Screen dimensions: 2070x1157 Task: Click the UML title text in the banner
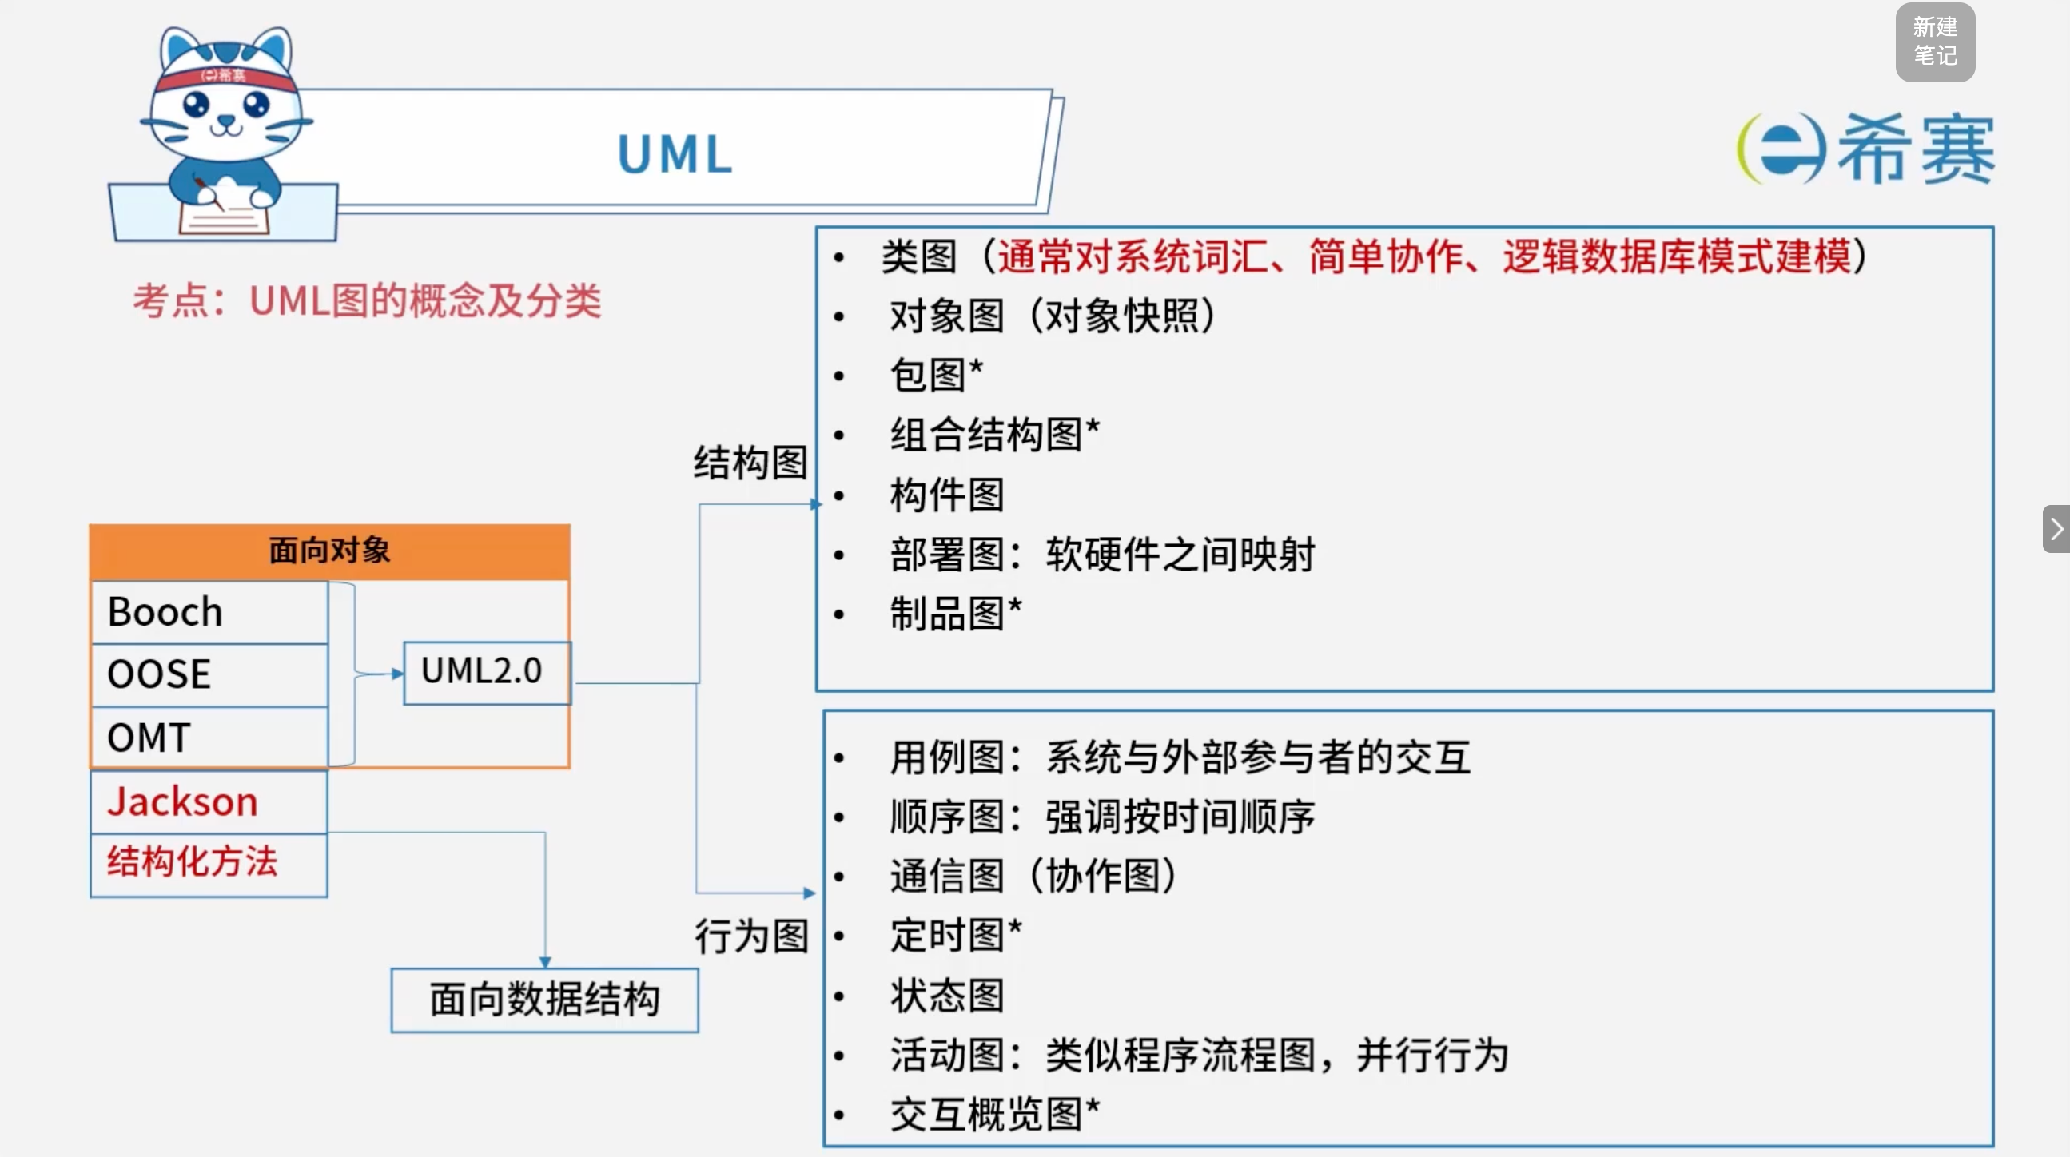(675, 153)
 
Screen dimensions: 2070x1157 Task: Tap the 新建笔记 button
(1935, 42)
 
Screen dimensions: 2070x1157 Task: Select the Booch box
(209, 612)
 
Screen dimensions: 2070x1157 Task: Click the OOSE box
(209, 674)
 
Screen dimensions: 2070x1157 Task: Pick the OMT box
(209, 737)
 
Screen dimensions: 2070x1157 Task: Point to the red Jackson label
(182, 802)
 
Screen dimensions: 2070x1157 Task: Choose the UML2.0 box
(487, 673)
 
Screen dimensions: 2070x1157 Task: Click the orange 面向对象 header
(329, 551)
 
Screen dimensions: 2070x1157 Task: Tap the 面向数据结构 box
(545, 1000)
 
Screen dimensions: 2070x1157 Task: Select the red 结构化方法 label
(192, 861)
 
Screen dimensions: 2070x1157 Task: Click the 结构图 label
(750, 463)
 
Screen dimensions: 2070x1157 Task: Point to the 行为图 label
(751, 936)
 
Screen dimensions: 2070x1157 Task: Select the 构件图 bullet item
(946, 494)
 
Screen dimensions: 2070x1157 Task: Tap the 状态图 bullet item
(946, 996)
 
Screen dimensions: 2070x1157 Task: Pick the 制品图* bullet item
(955, 614)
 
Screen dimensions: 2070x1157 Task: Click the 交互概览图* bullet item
(995, 1115)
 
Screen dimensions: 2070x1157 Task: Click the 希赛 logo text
(1917, 149)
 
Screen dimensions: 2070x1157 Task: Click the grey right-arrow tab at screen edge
(2056, 529)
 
